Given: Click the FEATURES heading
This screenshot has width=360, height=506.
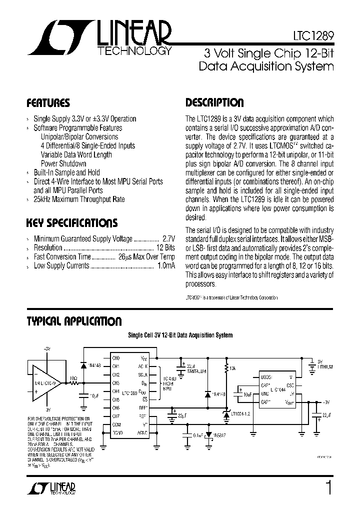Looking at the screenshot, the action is tap(48, 103).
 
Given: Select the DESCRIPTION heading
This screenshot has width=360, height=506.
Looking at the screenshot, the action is tap(214, 103).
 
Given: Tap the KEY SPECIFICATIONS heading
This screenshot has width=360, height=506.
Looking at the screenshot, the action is tap(72, 223).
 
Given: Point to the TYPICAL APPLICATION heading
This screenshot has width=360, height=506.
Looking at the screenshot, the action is tap(73, 321).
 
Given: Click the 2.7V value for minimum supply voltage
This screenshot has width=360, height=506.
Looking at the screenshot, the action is tap(168, 239).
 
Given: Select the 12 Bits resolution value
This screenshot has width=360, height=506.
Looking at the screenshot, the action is tap(165, 248).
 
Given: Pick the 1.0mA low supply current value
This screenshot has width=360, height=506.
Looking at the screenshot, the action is tap(166, 266).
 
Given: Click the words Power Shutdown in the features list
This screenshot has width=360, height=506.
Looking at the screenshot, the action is tap(63, 163).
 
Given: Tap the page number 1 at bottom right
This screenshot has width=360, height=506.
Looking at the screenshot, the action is tap(328, 487).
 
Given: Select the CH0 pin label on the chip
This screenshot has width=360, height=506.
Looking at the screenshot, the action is tap(116, 358).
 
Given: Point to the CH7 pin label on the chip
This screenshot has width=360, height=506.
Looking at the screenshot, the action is tap(116, 416).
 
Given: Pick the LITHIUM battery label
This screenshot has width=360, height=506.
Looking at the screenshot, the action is tap(325, 367).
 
